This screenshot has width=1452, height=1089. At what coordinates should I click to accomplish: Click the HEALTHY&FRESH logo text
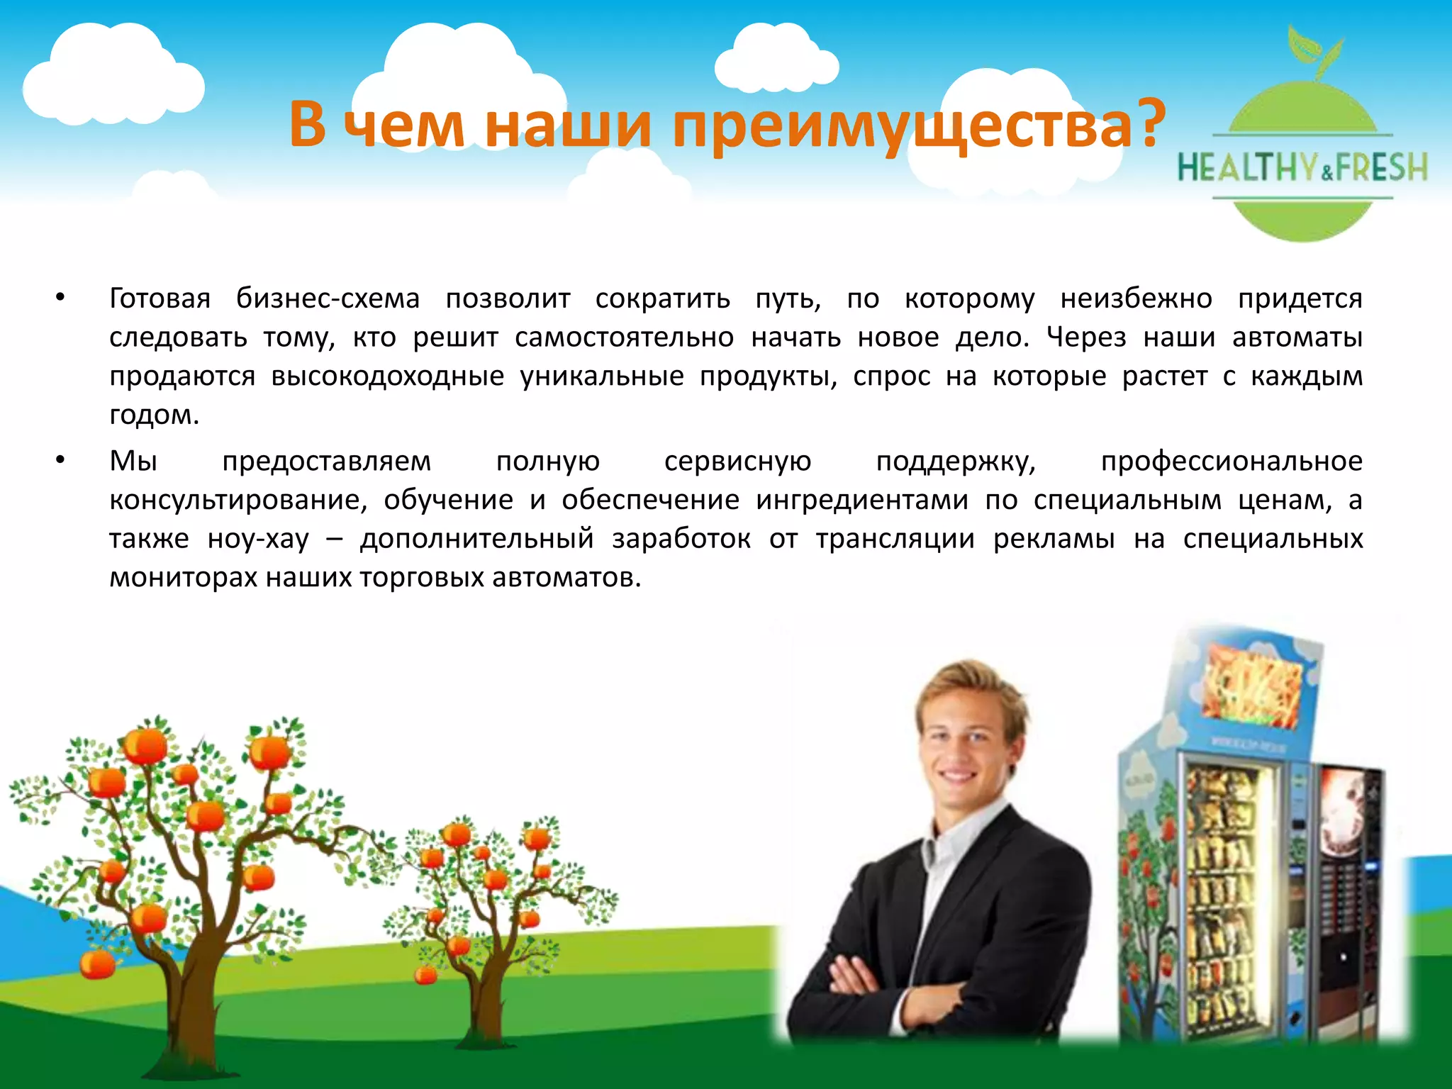pyautogui.click(x=1302, y=169)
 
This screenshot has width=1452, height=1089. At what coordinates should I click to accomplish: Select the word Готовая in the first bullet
pyautogui.click(x=160, y=298)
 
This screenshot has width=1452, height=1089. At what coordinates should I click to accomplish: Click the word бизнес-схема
pyautogui.click(x=328, y=298)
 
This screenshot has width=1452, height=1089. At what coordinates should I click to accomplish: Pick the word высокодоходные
pyautogui.click(x=387, y=376)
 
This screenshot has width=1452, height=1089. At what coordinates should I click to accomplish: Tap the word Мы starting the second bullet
pyautogui.click(x=133, y=462)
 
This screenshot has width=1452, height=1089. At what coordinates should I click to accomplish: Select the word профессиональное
pyautogui.click(x=1232, y=462)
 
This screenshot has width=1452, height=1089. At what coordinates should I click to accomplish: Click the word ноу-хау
pyautogui.click(x=259, y=539)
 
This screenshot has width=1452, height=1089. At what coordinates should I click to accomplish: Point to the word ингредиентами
pyautogui.click(x=861, y=501)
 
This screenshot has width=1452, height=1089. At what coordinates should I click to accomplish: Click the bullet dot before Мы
pyautogui.click(x=61, y=462)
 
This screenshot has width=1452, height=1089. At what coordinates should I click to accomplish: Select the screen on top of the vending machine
pyautogui.click(x=1253, y=684)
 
